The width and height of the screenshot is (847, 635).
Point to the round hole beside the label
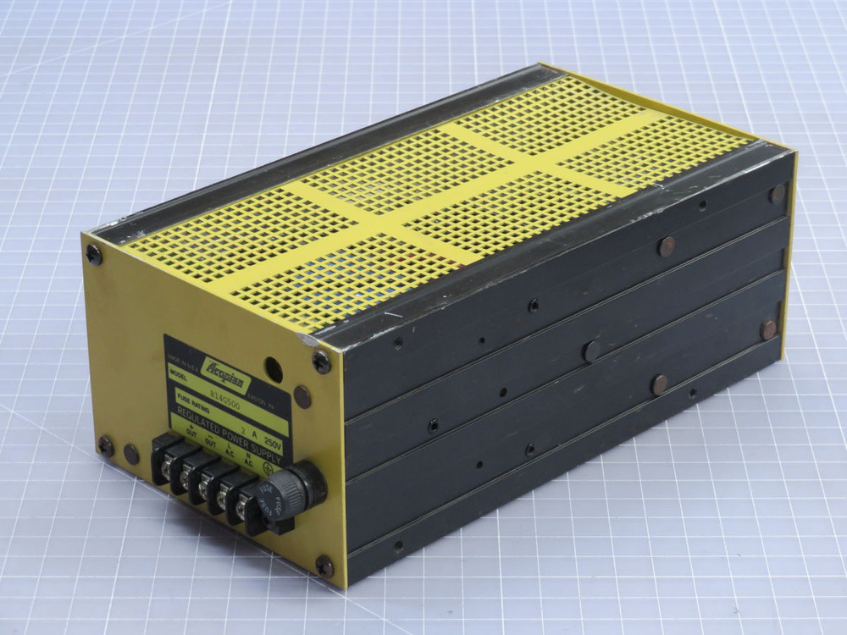(274, 368)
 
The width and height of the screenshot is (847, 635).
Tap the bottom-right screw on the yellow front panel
(324, 566)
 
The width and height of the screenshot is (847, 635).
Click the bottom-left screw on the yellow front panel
(106, 446)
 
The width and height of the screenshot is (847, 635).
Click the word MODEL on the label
(177, 372)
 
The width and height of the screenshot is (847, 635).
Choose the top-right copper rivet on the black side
(777, 194)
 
